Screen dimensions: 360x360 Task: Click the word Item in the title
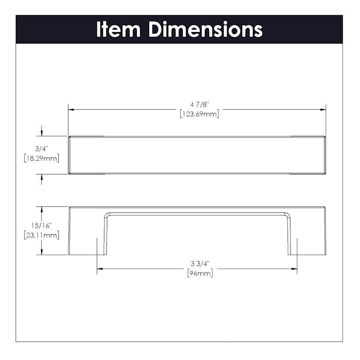click(x=118, y=30)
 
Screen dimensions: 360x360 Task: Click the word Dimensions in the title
click(x=206, y=30)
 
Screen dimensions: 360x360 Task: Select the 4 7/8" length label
click(x=200, y=105)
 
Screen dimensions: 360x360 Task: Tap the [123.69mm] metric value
click(x=200, y=114)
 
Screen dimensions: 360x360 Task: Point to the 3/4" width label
click(x=42, y=149)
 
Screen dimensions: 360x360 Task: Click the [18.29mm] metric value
click(x=42, y=158)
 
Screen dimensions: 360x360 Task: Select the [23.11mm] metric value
click(x=42, y=235)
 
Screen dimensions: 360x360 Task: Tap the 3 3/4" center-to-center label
click(x=200, y=264)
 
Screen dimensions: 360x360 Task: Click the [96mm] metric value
click(x=200, y=274)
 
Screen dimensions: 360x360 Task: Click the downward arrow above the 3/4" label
click(x=42, y=133)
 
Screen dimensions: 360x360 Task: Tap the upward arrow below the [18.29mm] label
click(x=42, y=177)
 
